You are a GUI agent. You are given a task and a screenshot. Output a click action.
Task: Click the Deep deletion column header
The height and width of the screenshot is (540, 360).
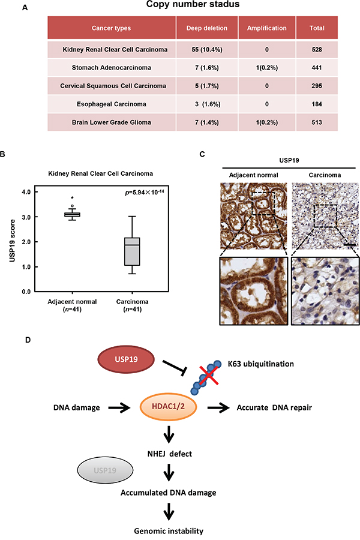point(206,28)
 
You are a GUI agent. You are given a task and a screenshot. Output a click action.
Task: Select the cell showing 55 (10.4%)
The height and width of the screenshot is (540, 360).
point(206,50)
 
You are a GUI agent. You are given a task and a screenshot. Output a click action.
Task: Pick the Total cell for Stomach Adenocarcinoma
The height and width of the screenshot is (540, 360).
point(317,68)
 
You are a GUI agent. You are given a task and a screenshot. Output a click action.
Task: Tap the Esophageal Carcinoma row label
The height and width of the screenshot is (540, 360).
point(111,104)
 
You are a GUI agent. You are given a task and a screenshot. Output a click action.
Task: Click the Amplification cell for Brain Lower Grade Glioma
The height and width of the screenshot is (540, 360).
point(266,122)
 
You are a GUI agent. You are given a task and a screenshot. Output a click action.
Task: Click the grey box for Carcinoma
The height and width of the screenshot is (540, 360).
point(132,251)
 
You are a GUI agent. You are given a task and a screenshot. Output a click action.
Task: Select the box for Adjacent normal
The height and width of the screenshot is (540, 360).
point(73,215)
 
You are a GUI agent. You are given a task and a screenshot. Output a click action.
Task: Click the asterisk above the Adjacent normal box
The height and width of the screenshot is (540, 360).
point(73,198)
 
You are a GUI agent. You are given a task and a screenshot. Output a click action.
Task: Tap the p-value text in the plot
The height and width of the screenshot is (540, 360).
point(145,193)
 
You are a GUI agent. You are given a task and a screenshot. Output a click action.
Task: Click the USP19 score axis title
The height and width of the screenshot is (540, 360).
point(13,241)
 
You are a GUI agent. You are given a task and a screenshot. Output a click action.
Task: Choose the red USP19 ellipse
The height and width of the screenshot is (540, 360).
point(126,359)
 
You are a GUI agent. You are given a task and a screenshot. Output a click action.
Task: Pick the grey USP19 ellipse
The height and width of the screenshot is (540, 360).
point(105,470)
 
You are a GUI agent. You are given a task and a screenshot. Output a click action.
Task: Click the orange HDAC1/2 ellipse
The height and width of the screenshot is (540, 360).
point(168,406)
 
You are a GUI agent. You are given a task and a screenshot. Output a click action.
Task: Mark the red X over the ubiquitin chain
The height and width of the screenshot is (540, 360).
point(208,374)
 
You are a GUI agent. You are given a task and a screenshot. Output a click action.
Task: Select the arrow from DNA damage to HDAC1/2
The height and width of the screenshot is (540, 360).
point(119,408)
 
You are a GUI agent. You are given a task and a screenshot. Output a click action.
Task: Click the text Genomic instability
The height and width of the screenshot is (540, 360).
point(169,531)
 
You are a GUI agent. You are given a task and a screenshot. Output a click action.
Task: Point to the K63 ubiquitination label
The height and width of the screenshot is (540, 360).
point(261,364)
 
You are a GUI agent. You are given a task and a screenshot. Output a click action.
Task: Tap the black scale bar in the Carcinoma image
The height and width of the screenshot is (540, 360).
point(350,245)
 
